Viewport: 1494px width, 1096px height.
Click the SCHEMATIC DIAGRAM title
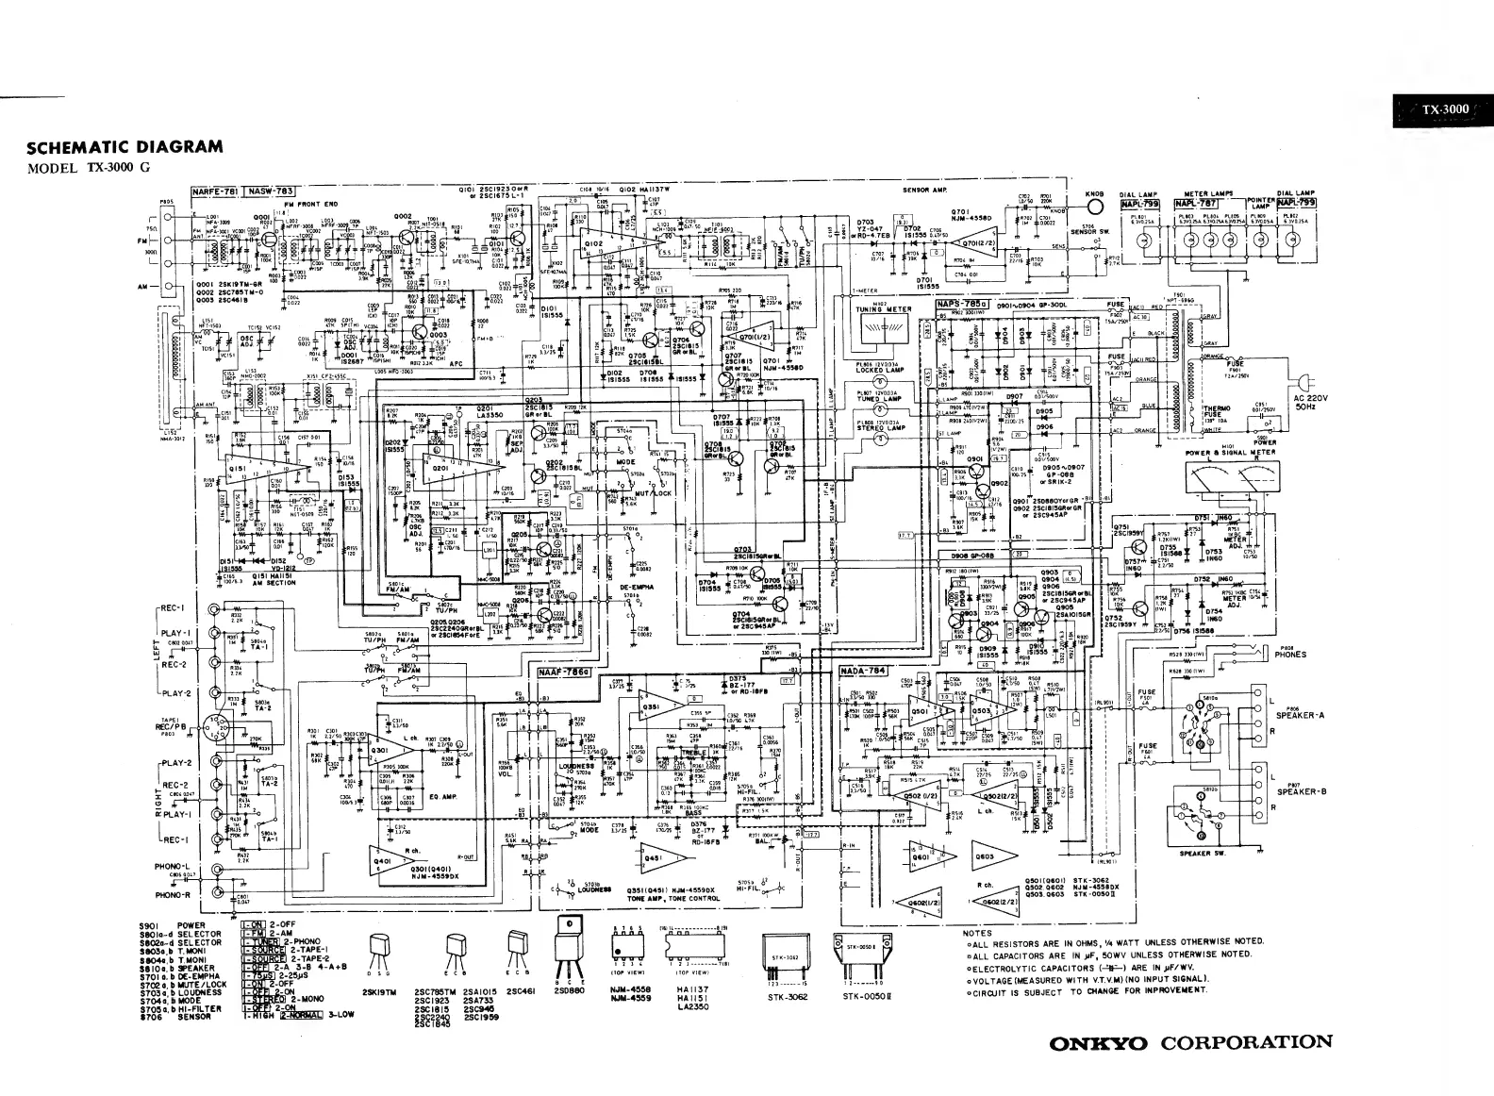click(125, 147)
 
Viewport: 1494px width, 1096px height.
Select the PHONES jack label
click(1290, 653)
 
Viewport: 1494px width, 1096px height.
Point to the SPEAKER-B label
click(1302, 791)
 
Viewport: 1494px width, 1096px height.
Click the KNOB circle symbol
click(1094, 205)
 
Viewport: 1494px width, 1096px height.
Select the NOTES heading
click(977, 934)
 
